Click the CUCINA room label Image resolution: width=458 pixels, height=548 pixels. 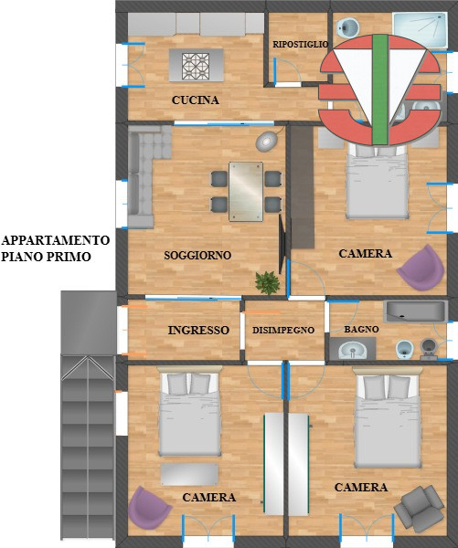point(195,100)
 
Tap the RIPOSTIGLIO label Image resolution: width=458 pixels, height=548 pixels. point(300,44)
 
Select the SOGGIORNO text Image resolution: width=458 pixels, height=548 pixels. point(197,255)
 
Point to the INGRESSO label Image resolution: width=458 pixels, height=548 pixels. point(198,330)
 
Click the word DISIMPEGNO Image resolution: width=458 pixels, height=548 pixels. point(283,330)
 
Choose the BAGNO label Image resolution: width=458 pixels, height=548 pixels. point(361,329)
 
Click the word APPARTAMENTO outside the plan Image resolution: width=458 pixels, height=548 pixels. point(56,240)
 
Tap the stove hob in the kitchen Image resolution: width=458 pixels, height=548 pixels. point(197,67)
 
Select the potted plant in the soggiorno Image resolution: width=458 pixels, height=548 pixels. point(267,282)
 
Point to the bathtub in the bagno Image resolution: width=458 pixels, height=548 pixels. point(414,311)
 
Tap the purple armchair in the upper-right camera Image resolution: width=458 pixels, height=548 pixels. point(420,264)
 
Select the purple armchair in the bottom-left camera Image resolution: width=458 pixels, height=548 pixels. point(149,508)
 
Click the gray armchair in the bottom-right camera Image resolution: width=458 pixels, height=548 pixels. point(418,506)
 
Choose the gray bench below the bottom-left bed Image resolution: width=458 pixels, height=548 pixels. point(189,474)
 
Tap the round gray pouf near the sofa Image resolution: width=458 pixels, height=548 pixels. point(266,142)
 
